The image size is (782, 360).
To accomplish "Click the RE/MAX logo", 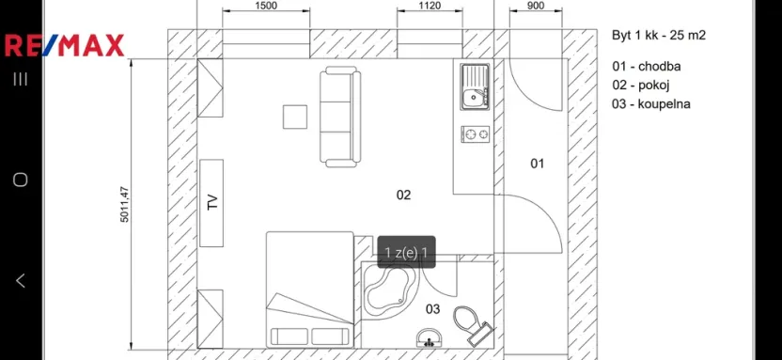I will (x=64, y=45).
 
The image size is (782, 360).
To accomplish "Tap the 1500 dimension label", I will (x=266, y=6).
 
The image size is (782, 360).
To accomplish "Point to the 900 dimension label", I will (x=535, y=6).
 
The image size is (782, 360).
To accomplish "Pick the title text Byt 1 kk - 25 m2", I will (x=658, y=36).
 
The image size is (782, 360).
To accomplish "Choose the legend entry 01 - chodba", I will (x=646, y=67).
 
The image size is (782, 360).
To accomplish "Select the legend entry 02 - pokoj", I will (x=643, y=86).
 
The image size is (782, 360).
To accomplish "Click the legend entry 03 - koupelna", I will (x=650, y=104).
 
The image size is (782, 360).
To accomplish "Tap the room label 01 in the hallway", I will (x=537, y=164).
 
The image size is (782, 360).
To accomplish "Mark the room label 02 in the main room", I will (x=403, y=196).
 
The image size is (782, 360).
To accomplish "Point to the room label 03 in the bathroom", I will (x=433, y=308).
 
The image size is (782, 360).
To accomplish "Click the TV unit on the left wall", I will (x=211, y=203).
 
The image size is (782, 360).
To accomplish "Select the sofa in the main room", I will (x=339, y=117).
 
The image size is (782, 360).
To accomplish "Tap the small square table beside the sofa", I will (x=295, y=117).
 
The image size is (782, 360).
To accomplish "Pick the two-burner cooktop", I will (x=477, y=134).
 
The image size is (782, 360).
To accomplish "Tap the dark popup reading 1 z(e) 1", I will (x=406, y=252).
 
